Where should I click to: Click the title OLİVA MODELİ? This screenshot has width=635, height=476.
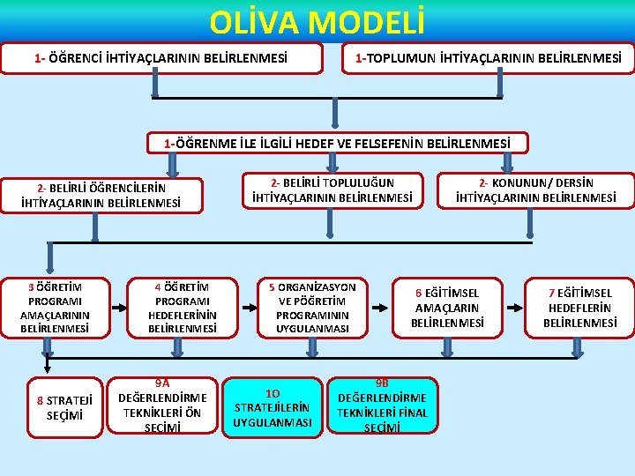pos(317,20)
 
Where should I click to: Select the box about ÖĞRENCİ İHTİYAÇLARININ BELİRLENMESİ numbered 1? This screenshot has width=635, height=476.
pos(161,59)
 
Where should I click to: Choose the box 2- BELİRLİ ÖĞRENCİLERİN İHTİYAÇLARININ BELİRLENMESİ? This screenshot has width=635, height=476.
pos(101,196)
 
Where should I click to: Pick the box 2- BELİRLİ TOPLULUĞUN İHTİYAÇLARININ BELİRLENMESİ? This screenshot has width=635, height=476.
pos(332,190)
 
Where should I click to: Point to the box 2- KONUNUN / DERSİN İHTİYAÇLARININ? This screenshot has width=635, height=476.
pos(535,190)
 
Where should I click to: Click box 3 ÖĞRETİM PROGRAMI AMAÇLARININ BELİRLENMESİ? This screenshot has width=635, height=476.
pos(55,308)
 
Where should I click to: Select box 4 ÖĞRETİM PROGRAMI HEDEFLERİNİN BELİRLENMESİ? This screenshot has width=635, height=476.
pos(183,308)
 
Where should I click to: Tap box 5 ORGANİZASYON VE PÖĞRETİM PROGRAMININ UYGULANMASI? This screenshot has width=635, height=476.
pos(312,308)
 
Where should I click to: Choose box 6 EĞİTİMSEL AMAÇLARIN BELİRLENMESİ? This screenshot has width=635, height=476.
pos(447,308)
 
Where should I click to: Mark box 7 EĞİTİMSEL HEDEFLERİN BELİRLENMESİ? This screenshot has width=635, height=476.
pos(579,308)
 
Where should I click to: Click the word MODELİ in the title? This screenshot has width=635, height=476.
pos(366,20)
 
